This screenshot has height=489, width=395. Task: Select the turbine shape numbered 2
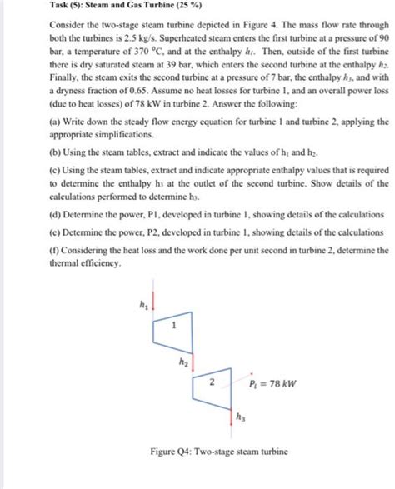[x=212, y=384]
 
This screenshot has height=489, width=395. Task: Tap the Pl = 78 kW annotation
[x=272, y=385]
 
